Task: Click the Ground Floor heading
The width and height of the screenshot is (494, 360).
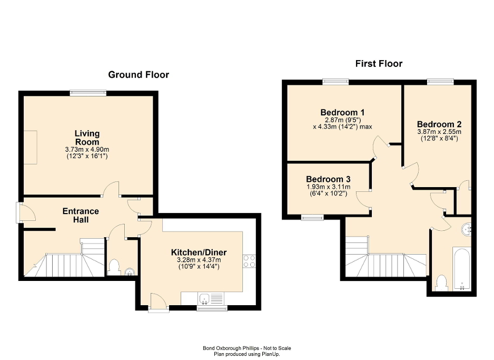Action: pos(139,75)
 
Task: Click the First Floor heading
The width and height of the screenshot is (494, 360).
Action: pos(379,64)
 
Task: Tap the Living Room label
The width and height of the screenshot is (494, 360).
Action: pos(87,138)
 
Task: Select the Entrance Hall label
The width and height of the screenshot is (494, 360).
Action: pos(81,215)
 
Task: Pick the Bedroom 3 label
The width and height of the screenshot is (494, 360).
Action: pos(328,179)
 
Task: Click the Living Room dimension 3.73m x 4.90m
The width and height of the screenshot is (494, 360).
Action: pos(87,150)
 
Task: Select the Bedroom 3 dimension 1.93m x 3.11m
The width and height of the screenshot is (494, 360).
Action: pos(328,187)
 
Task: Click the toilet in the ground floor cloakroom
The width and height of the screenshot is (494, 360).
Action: pos(113,268)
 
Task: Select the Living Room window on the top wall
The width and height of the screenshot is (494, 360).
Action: pos(88,93)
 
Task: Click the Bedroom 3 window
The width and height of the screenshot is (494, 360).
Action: pos(312,216)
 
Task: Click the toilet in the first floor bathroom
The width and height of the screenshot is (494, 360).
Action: pos(442,283)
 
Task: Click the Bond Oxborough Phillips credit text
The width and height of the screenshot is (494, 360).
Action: pos(246,348)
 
